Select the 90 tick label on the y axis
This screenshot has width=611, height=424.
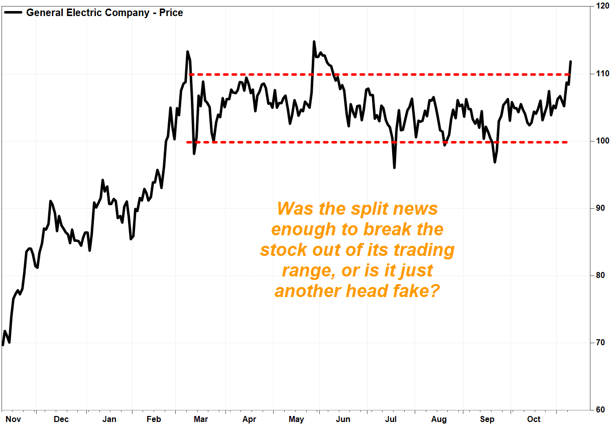[x=600, y=208]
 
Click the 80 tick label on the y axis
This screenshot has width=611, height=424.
[x=600, y=275]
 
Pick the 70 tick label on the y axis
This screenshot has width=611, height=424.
[x=600, y=343]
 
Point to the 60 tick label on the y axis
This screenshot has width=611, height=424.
[x=600, y=410]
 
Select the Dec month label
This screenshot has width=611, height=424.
[x=61, y=418]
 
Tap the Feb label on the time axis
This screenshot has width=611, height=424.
[x=154, y=418]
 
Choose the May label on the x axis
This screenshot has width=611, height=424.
[x=296, y=418]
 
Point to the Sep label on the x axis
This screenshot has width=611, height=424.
[x=487, y=418]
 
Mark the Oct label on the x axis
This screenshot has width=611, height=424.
[x=534, y=418]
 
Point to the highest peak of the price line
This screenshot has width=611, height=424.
[x=314, y=42]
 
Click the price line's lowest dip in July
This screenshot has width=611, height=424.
[x=394, y=168]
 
